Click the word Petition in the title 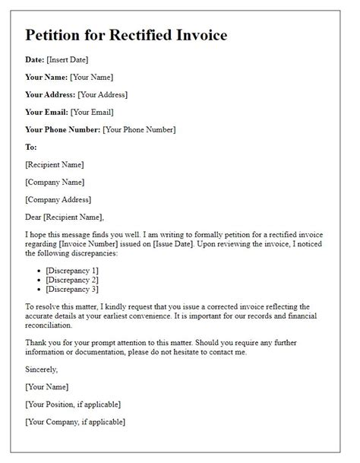tap(55, 36)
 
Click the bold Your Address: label tap(49, 94)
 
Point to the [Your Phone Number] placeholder tap(139, 129)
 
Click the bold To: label tap(31, 147)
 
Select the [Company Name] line tap(55, 182)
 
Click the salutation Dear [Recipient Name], tap(64, 217)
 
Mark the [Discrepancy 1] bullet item tap(72, 271)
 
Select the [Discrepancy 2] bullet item tap(72, 280)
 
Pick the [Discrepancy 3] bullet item tap(72, 289)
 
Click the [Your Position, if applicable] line tap(73, 404)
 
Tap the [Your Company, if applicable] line tap(74, 421)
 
